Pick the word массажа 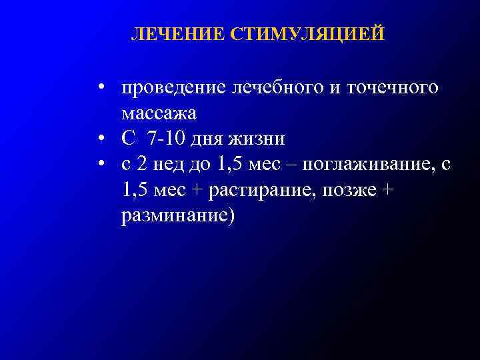(159, 113)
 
